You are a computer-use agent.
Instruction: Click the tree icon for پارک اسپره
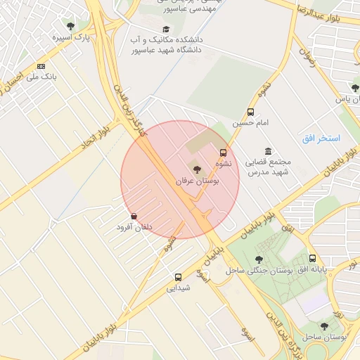(70, 26)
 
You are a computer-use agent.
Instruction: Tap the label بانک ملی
(40, 76)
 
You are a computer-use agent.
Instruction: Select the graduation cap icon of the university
(166, 29)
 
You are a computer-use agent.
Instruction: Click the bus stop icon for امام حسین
(251, 112)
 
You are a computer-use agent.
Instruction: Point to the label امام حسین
(252, 123)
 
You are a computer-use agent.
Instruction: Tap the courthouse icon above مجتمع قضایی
(268, 151)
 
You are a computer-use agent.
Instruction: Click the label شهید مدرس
(271, 172)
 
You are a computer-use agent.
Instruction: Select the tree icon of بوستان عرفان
(196, 169)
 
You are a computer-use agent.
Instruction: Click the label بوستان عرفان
(198, 181)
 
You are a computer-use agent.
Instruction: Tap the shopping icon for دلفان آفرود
(134, 216)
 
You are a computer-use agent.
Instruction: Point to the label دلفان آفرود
(134, 227)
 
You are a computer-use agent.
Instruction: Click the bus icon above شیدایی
(178, 277)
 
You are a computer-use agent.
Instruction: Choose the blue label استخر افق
(321, 139)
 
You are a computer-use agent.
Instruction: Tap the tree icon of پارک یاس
(354, 88)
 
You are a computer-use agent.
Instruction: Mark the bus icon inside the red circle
(224, 153)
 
